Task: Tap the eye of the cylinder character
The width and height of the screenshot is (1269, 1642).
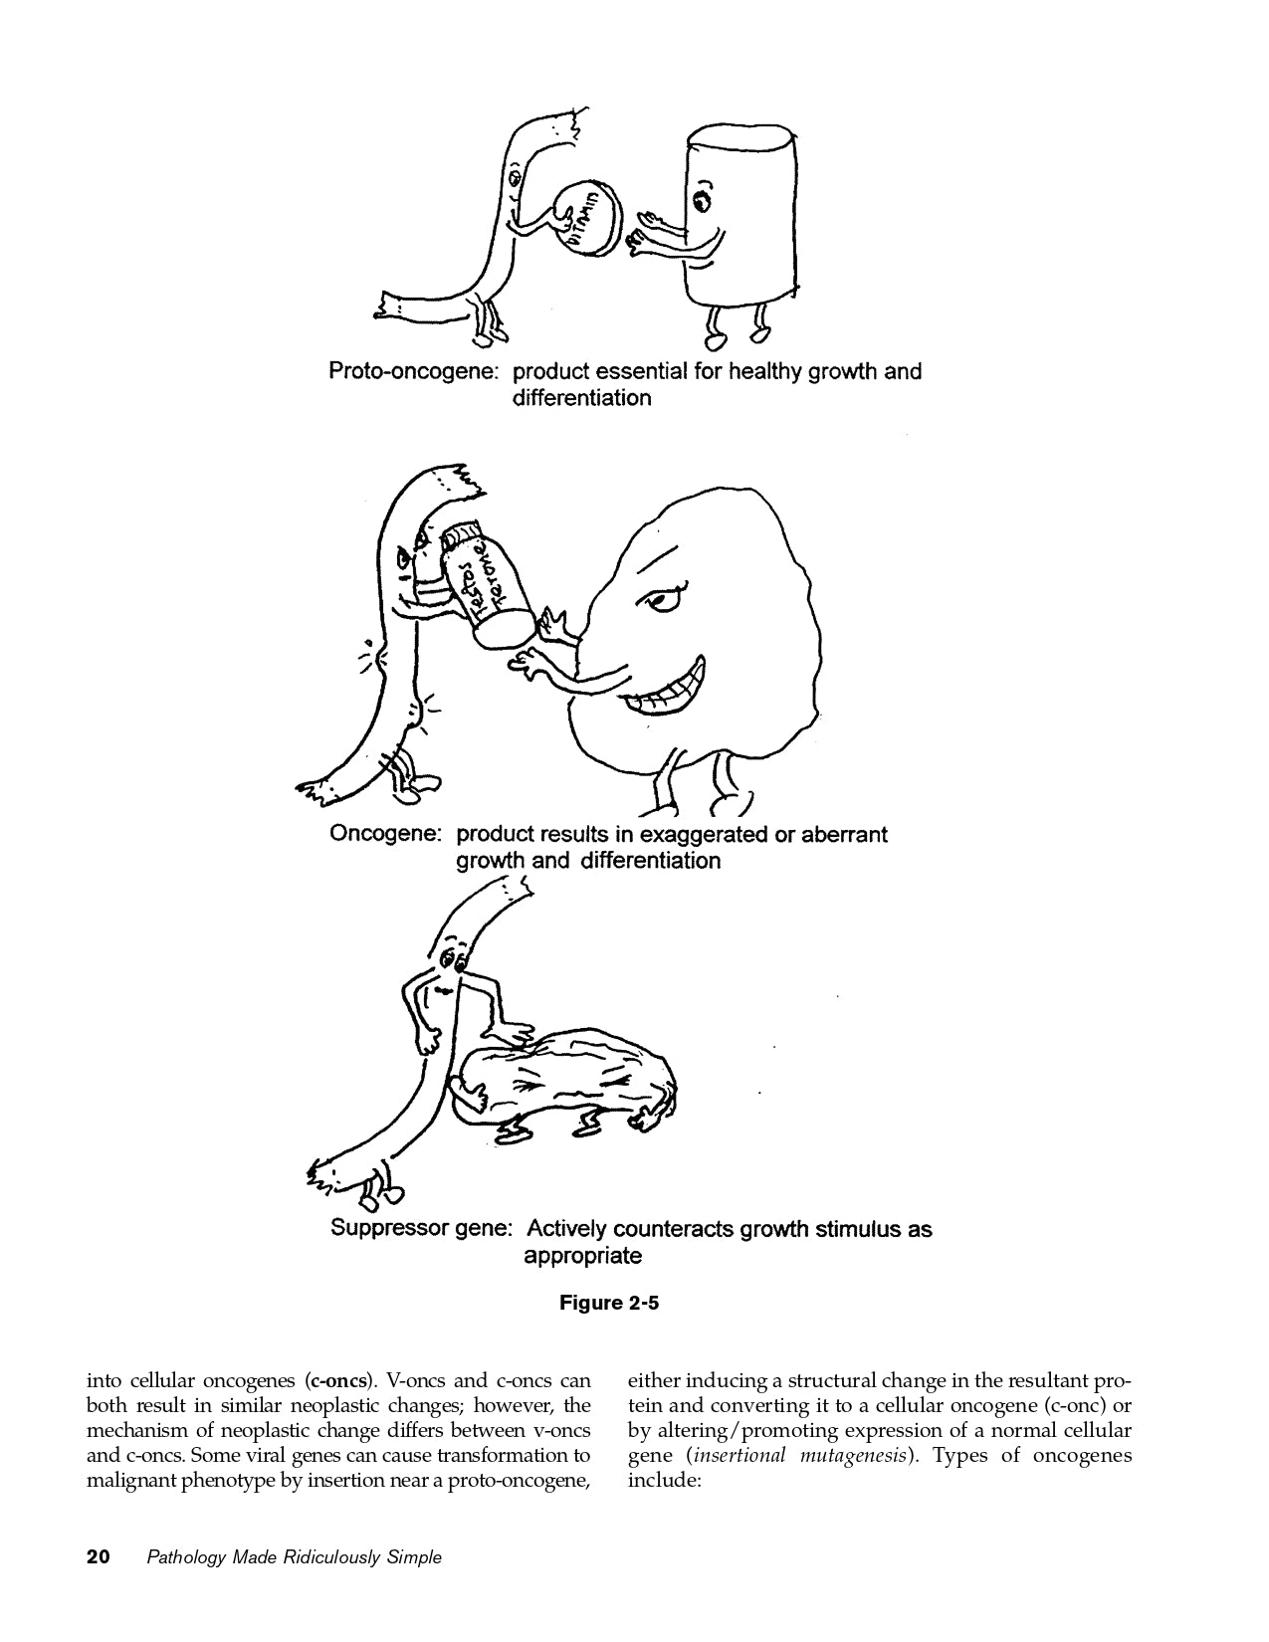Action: [x=703, y=200]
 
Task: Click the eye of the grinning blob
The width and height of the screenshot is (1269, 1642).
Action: [x=663, y=600]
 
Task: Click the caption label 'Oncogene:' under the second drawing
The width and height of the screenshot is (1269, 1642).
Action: [x=385, y=834]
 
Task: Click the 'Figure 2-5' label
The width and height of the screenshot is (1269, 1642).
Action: [x=609, y=1303]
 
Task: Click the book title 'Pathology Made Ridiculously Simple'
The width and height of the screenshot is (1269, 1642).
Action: [x=294, y=1557]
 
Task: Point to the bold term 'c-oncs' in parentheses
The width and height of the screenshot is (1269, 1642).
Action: [x=338, y=1381]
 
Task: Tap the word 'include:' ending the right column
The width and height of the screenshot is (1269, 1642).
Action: [x=665, y=1481]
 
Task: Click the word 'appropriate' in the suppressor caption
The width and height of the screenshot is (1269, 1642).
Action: [x=582, y=1256]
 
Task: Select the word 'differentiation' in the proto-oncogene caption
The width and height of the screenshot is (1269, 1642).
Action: [x=581, y=399]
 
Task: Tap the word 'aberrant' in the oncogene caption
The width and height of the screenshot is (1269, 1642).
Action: [x=837, y=834]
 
